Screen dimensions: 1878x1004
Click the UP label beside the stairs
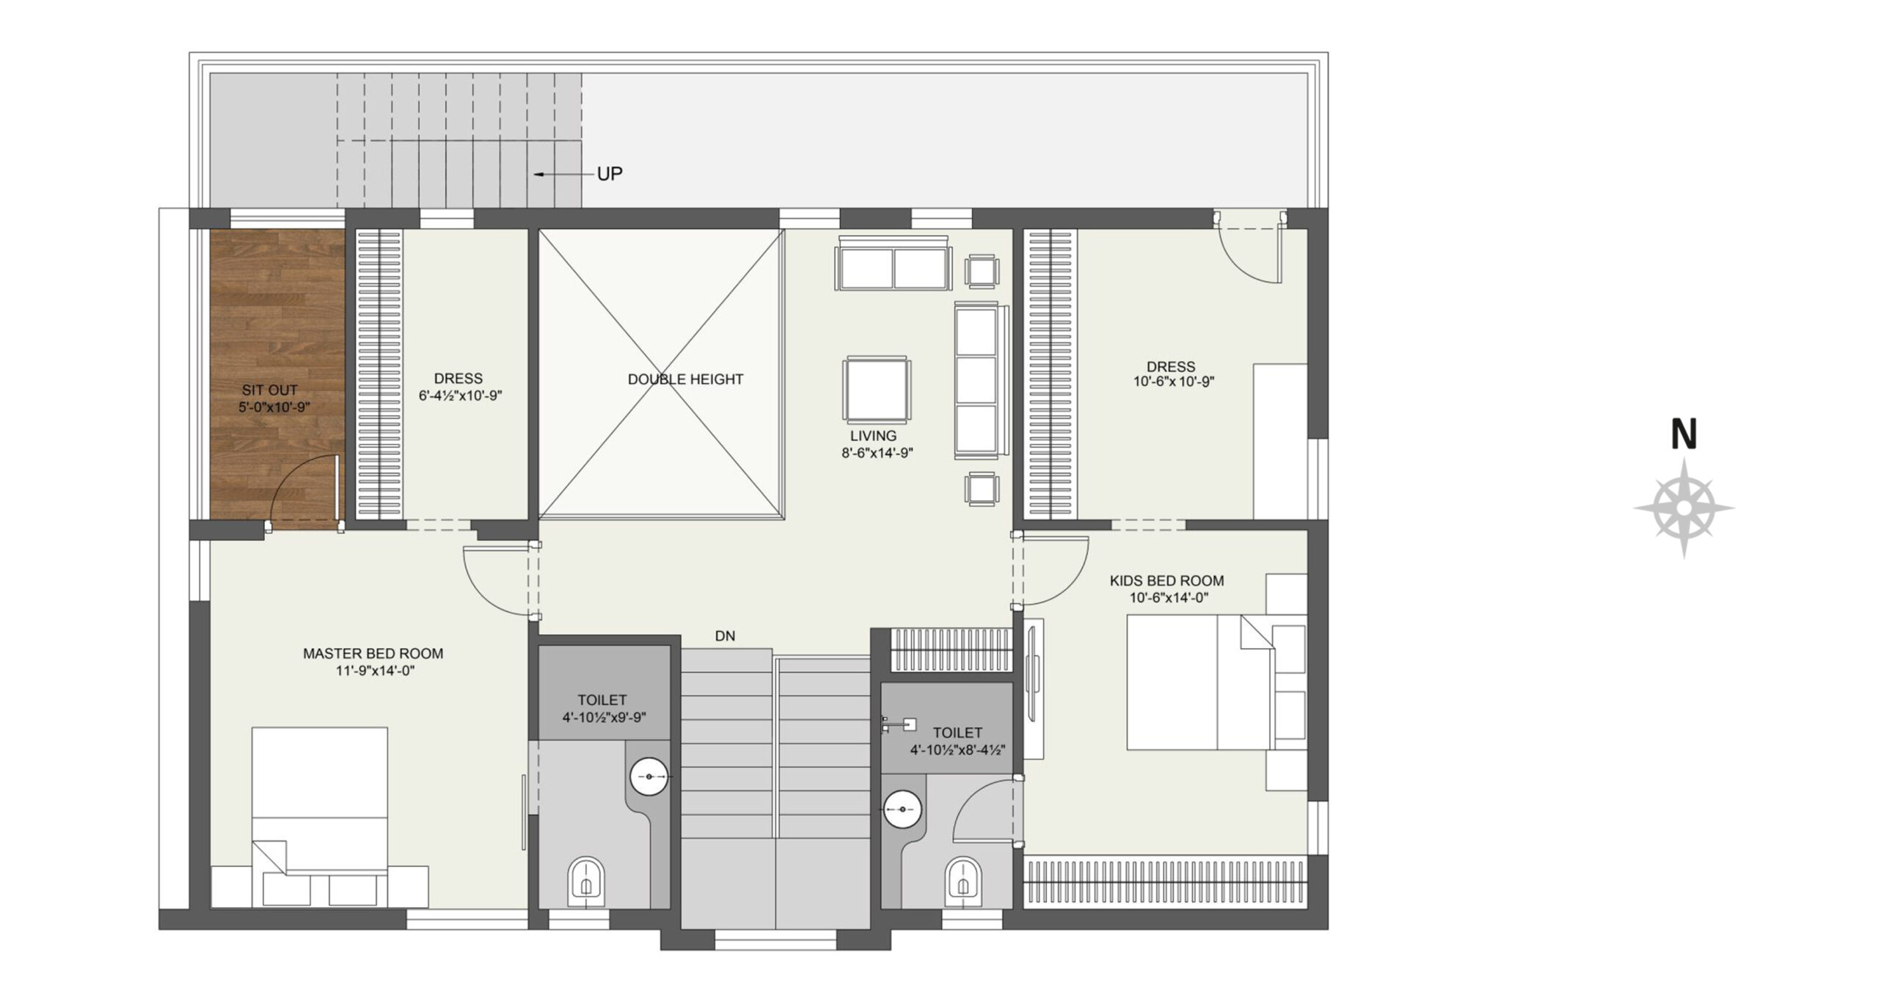[610, 174]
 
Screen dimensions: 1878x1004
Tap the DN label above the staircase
[725, 636]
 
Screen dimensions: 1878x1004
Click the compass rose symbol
[1684, 508]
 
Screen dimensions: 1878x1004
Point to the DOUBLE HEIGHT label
[685, 379]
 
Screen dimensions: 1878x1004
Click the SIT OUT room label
[270, 390]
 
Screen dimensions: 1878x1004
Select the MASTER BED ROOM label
[373, 653]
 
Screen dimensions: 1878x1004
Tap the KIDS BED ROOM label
[1167, 581]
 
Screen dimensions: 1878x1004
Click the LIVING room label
[873, 436]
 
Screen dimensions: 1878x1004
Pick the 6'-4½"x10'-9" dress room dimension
[460, 396]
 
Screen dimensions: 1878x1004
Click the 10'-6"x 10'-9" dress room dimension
[1174, 382]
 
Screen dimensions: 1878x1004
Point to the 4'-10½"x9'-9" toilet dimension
[604, 718]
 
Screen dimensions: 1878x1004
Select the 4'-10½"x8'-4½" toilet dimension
[957, 750]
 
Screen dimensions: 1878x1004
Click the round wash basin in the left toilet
[649, 776]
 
